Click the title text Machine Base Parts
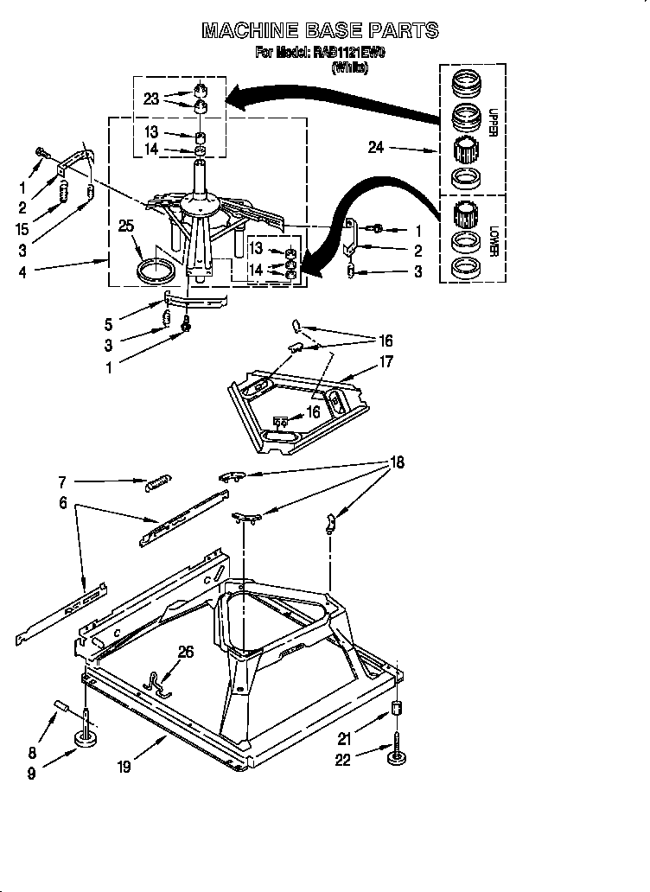pos(320,31)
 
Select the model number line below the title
pos(321,54)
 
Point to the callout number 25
pos(126,226)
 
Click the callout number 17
pos(385,362)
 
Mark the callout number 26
pos(186,653)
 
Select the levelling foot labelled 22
pos(398,758)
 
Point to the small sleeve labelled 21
pos(397,710)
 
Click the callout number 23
pos(151,99)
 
